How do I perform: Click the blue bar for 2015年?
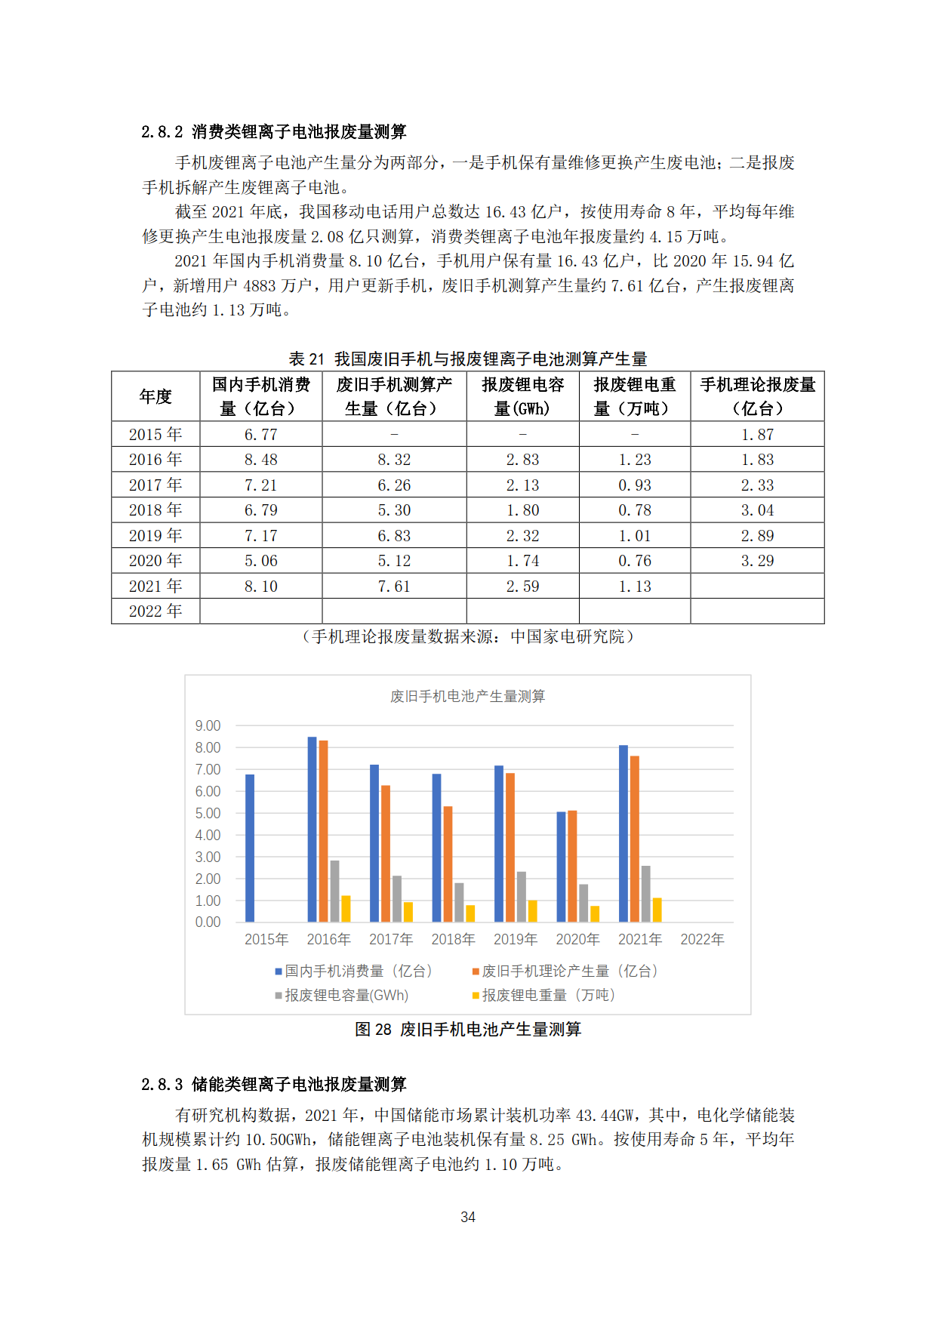tap(250, 848)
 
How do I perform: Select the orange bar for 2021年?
tap(635, 839)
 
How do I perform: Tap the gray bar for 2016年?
tap(334, 891)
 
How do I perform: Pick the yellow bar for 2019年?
tap(532, 911)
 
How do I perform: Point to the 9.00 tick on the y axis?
tap(208, 726)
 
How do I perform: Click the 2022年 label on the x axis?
tap(702, 940)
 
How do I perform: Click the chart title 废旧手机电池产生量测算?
tap(467, 696)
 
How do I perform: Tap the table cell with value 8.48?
tap(260, 460)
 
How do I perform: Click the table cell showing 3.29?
tap(757, 561)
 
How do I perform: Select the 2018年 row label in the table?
tap(155, 510)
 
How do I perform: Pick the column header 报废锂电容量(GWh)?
tap(522, 396)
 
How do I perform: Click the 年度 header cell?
tap(155, 396)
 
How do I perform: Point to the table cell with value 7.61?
tap(394, 587)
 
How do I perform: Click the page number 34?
tap(468, 1217)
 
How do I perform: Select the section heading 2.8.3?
tap(273, 1085)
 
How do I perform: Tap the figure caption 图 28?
tap(468, 1030)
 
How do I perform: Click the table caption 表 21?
tap(468, 359)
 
